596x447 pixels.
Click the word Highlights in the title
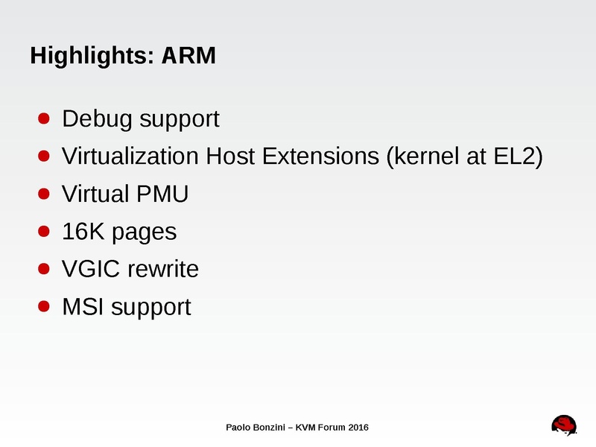(89, 56)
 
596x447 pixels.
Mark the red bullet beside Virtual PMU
(44, 194)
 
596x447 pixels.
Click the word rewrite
(163, 269)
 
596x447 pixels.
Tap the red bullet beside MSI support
(44, 305)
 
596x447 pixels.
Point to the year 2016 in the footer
(357, 427)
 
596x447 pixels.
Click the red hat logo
(565, 425)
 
